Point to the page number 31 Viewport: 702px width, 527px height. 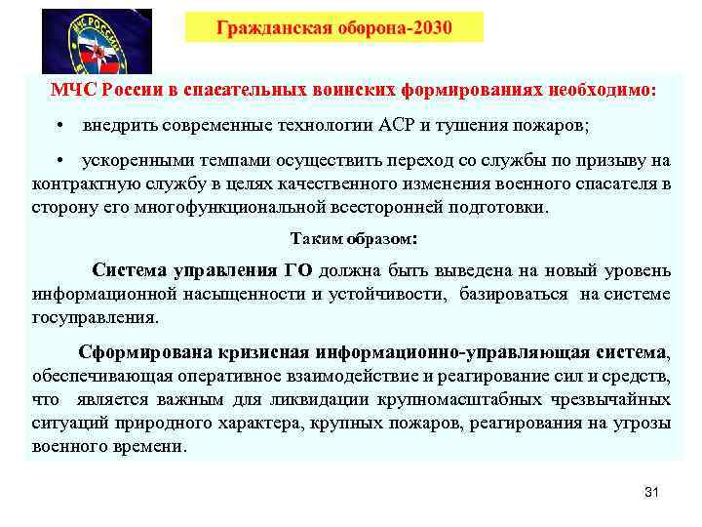pos(652,491)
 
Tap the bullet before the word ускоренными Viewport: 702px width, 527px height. pos(60,161)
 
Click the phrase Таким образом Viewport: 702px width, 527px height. pos(351,238)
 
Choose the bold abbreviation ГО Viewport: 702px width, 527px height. pos(297,270)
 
